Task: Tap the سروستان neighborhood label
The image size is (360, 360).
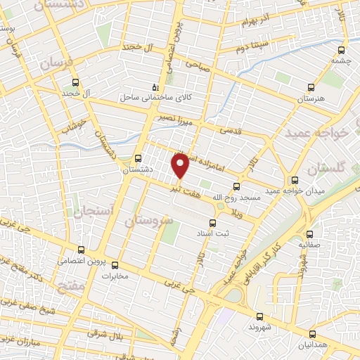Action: (x=148, y=221)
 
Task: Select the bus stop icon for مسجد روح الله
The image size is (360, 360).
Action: (x=236, y=187)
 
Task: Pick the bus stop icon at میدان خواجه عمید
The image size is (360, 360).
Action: (x=295, y=181)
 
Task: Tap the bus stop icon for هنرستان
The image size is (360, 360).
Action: (x=311, y=89)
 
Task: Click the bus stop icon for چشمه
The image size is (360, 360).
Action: (x=341, y=51)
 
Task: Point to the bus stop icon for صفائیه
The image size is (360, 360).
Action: (x=310, y=234)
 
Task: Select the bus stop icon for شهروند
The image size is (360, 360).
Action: (x=260, y=316)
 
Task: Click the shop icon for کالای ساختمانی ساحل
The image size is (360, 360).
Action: (x=156, y=87)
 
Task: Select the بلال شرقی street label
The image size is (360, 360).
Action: (x=108, y=335)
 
